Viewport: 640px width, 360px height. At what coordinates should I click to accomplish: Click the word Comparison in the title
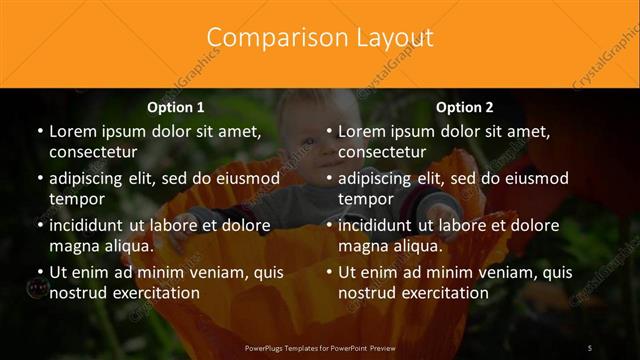point(265,38)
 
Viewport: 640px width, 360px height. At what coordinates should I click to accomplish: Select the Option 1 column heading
point(176,107)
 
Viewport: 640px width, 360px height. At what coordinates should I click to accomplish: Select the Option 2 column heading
point(465,107)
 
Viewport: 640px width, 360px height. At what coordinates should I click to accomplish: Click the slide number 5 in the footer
point(590,347)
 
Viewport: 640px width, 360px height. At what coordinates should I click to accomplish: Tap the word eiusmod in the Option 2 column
point(532,178)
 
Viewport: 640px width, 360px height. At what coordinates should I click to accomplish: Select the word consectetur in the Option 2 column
point(382,151)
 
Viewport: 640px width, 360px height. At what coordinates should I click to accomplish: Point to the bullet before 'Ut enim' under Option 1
point(39,272)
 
